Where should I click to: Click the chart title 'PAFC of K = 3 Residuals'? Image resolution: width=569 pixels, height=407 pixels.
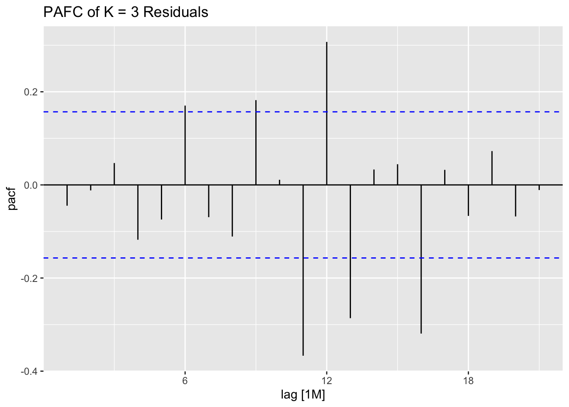[x=126, y=12]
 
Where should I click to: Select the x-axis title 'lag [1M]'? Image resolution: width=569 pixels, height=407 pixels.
[x=303, y=395]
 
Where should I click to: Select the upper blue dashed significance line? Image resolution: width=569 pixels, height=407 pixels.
[x=127, y=112]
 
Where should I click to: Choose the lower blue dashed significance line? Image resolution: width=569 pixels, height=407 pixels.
[x=127, y=258]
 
